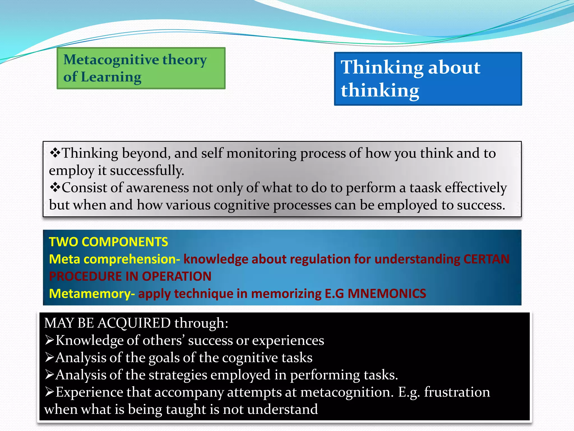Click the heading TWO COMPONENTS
[x=108, y=242]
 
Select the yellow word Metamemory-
[x=92, y=294]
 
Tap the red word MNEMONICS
[x=387, y=294]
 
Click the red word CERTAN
[x=486, y=259]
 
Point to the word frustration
[x=457, y=392]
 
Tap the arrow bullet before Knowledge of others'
[x=50, y=340]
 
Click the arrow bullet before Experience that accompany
[x=50, y=392]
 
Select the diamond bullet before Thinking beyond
[x=55, y=153]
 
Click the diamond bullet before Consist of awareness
[x=55, y=187]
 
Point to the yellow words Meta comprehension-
[x=114, y=259]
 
